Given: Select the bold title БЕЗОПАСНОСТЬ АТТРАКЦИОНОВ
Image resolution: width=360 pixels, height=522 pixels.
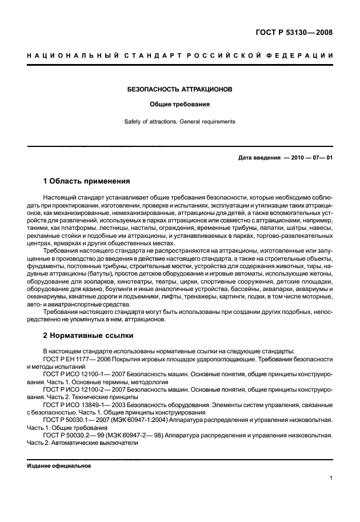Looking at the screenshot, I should pyautogui.click(x=179, y=90).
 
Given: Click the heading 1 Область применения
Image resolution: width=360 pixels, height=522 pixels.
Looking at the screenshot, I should pyautogui.click(x=86, y=181).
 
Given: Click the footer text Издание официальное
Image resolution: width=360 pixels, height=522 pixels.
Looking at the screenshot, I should pyautogui.click(x=59, y=465).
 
